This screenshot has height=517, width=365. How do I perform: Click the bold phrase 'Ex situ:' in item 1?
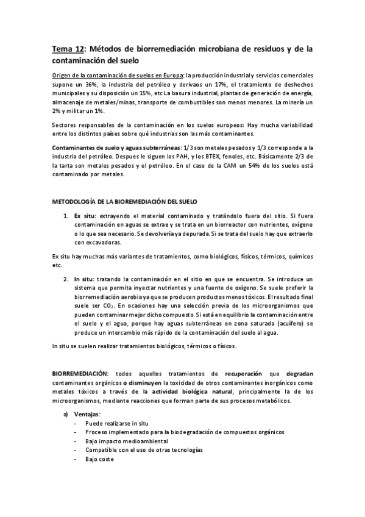pos(83,216)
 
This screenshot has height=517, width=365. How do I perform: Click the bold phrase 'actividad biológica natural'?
pos(188,392)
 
